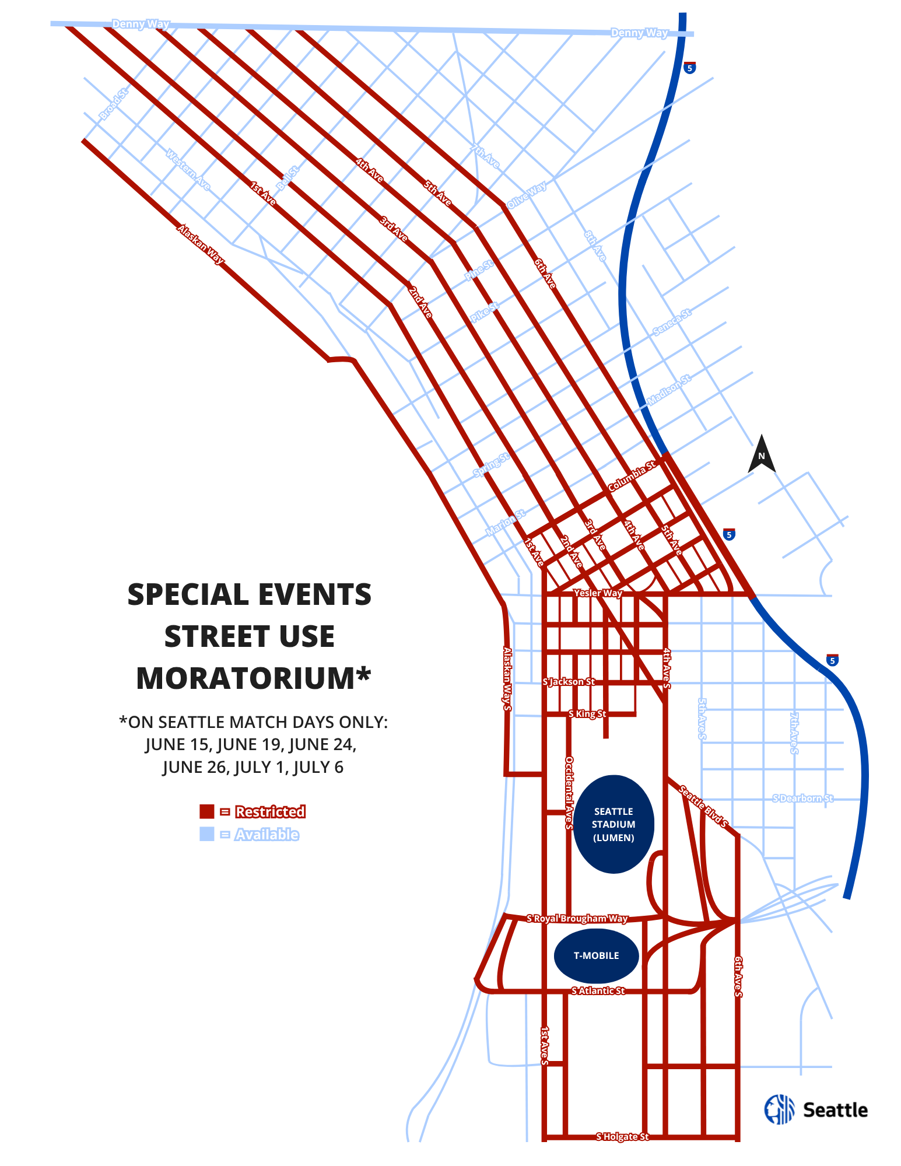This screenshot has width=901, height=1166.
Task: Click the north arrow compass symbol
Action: click(x=761, y=454)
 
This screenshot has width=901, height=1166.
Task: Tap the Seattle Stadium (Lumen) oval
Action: click(x=613, y=824)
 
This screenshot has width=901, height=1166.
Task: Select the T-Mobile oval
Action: click(x=596, y=955)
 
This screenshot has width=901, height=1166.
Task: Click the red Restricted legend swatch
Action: click(x=207, y=811)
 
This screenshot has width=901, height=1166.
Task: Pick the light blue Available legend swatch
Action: click(x=207, y=834)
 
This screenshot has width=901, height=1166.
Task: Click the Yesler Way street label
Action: click(x=598, y=593)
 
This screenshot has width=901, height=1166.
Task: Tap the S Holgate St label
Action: click(x=622, y=1136)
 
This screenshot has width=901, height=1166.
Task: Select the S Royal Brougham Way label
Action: click(x=577, y=919)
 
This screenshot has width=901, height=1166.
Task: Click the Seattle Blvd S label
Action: click(x=703, y=807)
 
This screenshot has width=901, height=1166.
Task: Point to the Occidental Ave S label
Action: click(x=569, y=793)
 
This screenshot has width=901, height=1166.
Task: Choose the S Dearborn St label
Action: click(x=802, y=798)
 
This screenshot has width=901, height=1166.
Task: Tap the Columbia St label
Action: click(x=632, y=476)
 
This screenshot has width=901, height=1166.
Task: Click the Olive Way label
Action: click(x=527, y=195)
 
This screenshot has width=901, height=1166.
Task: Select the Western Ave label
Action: click(x=188, y=170)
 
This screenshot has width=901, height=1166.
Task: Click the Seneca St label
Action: click(x=671, y=322)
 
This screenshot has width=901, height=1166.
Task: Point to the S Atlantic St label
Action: click(x=598, y=990)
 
